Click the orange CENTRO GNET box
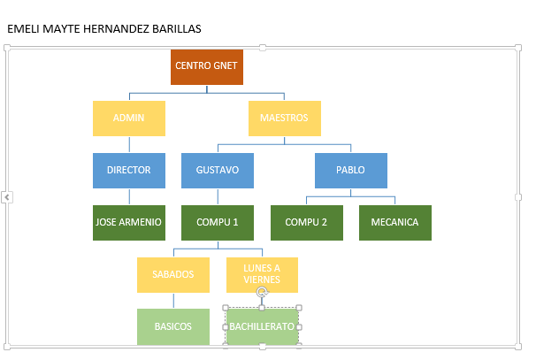point(207,67)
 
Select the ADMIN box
point(129,119)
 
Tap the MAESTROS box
point(285,119)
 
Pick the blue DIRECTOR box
point(129,171)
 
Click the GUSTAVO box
point(218,171)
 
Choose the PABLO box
point(351,171)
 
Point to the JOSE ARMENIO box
point(129,223)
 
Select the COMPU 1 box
point(218,223)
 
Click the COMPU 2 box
point(307,223)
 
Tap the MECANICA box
point(395,223)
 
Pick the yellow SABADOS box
point(173,275)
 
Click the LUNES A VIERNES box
point(262,275)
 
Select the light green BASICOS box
point(173,327)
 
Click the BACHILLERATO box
point(262,326)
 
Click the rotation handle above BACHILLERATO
point(262,292)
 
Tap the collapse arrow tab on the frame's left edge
point(7,197)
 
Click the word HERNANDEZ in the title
point(116,29)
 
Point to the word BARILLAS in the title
point(176,29)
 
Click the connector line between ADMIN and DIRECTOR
point(129,144)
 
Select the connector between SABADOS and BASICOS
point(173,301)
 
